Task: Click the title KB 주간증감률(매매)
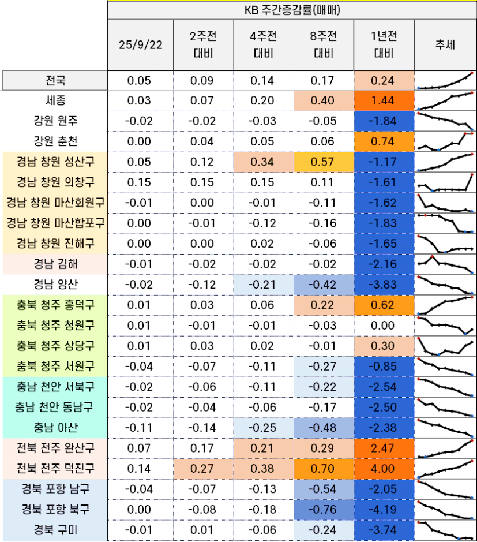click(292, 10)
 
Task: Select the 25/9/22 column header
click(140, 46)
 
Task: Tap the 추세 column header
click(445, 46)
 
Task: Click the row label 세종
click(55, 100)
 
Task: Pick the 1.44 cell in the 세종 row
click(383, 100)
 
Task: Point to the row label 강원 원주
click(55, 121)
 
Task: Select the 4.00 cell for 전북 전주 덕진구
click(383, 469)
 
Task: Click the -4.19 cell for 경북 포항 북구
click(383, 510)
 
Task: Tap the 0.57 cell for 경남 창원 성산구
click(323, 162)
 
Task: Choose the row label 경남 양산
click(55, 284)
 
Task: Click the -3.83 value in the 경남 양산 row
click(383, 284)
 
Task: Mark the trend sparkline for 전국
click(445, 81)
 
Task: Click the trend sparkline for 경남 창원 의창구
click(445, 182)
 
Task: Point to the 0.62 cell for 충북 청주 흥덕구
click(383, 305)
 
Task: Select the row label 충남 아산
click(55, 428)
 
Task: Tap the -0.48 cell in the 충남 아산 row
click(323, 428)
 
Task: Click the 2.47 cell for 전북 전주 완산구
click(383, 448)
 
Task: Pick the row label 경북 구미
click(55, 530)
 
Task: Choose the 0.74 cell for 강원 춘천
click(383, 141)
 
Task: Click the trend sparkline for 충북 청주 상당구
click(445, 346)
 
